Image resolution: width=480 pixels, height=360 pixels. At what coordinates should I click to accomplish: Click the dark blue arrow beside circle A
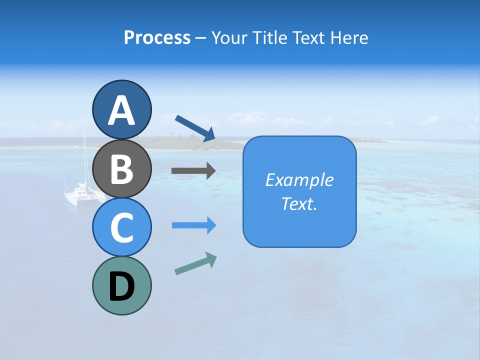pyautogui.click(x=195, y=128)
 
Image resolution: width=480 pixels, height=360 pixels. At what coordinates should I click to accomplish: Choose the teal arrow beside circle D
pyautogui.click(x=195, y=263)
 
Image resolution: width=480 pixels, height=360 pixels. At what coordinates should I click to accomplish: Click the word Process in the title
pyautogui.click(x=157, y=38)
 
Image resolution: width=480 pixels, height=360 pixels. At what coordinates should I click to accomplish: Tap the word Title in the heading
pyautogui.click(x=270, y=38)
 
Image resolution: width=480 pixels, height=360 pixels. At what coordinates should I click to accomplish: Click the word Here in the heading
pyautogui.click(x=350, y=38)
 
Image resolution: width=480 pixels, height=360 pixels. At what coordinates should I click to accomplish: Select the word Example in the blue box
pyautogui.click(x=299, y=180)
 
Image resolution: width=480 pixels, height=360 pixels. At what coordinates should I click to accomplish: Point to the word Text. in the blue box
pyautogui.click(x=299, y=204)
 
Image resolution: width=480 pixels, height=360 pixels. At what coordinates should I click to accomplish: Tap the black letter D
pyautogui.click(x=121, y=287)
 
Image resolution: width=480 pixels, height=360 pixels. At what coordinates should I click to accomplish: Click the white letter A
pyautogui.click(x=121, y=110)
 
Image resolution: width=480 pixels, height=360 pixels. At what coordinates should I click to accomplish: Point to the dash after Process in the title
pyautogui.click(x=200, y=38)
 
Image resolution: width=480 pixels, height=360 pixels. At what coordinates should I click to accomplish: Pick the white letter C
pyautogui.click(x=121, y=228)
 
